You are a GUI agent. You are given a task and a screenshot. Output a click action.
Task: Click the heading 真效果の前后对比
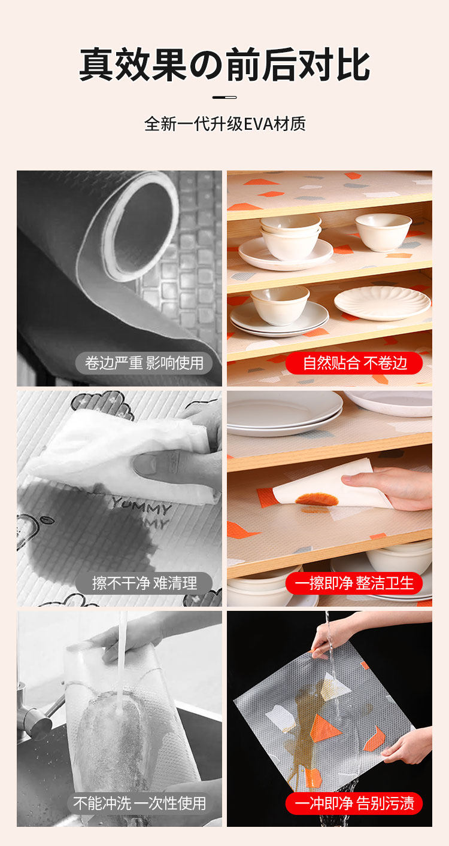[x=224, y=65]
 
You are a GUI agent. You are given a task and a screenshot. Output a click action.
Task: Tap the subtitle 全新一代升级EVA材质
[x=225, y=124]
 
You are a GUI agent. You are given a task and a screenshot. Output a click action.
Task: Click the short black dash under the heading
[x=224, y=98]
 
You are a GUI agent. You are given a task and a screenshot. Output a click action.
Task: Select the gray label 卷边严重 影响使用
[x=144, y=363]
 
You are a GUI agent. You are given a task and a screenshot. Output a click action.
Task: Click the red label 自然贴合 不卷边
[x=354, y=363]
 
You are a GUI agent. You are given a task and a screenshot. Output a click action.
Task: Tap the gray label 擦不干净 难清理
[x=144, y=583]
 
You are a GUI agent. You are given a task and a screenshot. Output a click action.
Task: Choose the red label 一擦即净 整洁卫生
[x=354, y=583]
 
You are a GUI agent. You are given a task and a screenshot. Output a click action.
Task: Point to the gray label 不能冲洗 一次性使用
[x=139, y=804]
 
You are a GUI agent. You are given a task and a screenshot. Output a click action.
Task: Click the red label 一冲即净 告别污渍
[x=354, y=804]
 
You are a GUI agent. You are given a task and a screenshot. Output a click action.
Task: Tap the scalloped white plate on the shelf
[x=382, y=303]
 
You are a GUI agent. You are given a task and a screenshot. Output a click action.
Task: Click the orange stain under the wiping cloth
[x=317, y=500]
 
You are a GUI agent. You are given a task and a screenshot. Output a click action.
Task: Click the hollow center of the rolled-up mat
[x=142, y=226]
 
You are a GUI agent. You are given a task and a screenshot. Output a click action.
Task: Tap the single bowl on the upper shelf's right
[x=383, y=232]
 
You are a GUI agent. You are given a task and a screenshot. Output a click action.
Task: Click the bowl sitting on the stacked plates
[x=280, y=305]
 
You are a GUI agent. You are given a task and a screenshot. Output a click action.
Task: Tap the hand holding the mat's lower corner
[x=408, y=744]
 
